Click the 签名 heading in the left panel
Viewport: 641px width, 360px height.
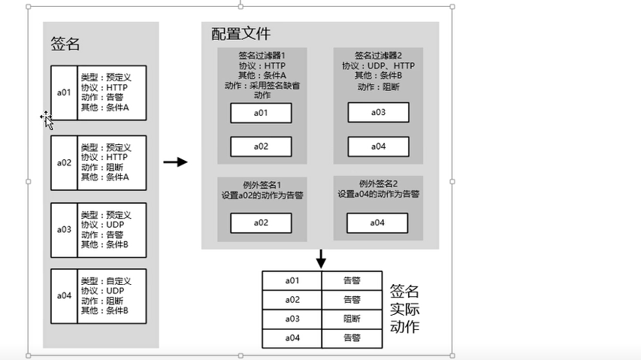[65, 44]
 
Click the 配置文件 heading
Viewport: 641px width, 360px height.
[240, 35]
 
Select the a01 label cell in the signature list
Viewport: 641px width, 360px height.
[64, 93]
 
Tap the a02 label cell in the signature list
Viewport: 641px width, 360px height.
[64, 162]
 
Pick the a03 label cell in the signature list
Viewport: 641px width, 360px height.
[64, 229]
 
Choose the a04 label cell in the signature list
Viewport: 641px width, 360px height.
[64, 295]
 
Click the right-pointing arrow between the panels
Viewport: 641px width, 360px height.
[175, 162]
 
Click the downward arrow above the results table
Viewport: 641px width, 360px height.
[321, 259]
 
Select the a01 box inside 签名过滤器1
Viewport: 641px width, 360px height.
[260, 113]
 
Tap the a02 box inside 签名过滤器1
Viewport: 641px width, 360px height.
[260, 147]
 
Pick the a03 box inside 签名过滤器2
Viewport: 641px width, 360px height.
[378, 113]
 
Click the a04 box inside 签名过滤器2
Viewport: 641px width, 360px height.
[378, 147]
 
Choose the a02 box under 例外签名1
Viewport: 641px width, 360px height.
[260, 223]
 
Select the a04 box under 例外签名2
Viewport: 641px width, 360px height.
[377, 222]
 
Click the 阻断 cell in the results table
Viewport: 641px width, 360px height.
[352, 319]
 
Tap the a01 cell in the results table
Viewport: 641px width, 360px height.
[292, 280]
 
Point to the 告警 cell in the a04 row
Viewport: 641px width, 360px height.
[352, 338]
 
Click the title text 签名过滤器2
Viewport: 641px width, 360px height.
[379, 55]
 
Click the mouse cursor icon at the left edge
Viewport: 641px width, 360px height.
[47, 119]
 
